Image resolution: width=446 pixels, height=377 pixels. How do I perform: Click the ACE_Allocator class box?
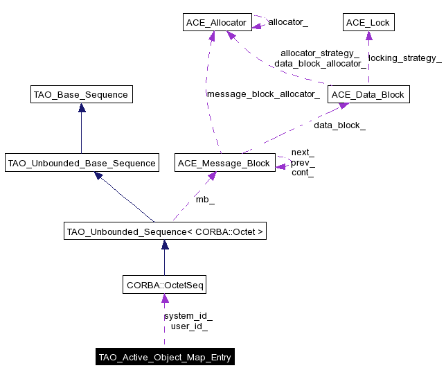[215, 23]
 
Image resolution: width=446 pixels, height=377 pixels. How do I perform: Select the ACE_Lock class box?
[368, 23]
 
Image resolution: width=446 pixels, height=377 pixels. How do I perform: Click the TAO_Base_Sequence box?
[81, 94]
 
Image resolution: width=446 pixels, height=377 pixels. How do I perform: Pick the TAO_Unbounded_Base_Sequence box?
[81, 164]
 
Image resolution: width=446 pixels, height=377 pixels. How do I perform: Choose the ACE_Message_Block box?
[224, 164]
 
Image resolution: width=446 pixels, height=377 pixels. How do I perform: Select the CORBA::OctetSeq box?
[164, 285]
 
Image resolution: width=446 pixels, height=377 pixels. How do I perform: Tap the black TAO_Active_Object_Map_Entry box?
[164, 358]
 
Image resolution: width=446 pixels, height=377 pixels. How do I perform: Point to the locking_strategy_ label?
[405, 58]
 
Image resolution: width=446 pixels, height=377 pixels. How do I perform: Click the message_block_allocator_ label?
[262, 94]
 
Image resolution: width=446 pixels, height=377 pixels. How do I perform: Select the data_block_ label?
[339, 125]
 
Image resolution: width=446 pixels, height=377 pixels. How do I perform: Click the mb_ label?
[204, 200]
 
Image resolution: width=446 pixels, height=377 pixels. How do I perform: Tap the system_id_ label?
[188, 316]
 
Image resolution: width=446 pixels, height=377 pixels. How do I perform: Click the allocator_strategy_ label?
[319, 53]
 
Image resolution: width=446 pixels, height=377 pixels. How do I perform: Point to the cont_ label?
[302, 173]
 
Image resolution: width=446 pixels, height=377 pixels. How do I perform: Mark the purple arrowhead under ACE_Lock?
[368, 35]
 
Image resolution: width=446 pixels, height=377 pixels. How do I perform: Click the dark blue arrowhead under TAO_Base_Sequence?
[81, 107]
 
